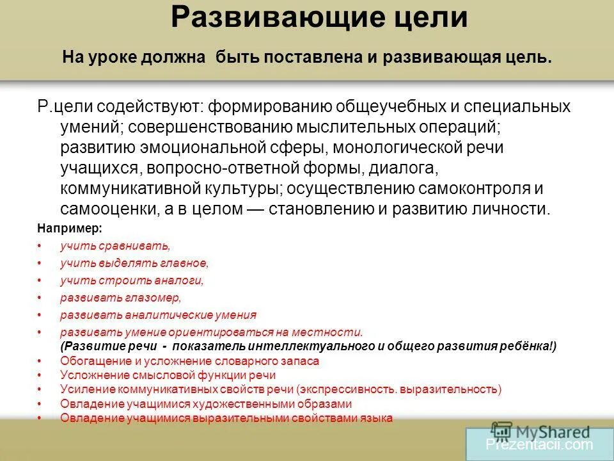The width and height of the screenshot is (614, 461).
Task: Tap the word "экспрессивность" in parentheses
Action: (349, 389)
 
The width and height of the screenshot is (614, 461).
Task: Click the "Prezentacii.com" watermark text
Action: (539, 444)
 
